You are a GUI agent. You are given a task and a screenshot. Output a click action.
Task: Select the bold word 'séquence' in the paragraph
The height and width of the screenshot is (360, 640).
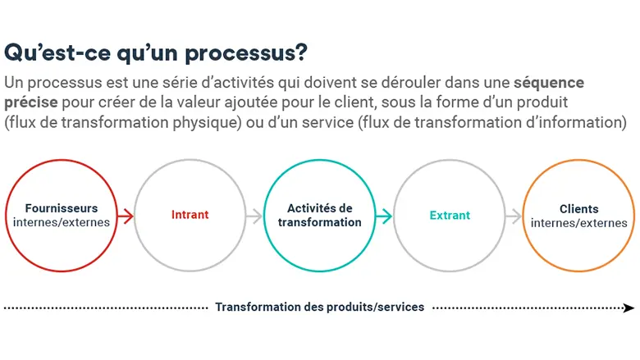point(549,83)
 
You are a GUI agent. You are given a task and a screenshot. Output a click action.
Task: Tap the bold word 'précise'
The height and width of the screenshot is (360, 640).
point(31,103)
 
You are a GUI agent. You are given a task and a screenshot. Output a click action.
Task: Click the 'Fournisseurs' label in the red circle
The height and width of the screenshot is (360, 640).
point(62,208)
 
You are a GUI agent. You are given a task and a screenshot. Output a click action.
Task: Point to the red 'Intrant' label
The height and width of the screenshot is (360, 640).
point(190,215)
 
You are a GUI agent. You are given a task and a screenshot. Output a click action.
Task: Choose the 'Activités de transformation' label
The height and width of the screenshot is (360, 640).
point(320,216)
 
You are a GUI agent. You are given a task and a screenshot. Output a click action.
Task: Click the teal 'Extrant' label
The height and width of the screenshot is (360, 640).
point(450,216)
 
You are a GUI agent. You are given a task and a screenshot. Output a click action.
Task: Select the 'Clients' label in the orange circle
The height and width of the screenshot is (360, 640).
point(578,209)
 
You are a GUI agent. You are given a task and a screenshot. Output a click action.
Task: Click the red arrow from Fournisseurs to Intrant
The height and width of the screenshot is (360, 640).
point(126,216)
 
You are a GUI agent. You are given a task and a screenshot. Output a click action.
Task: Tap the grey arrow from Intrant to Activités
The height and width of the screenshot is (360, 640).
point(254,216)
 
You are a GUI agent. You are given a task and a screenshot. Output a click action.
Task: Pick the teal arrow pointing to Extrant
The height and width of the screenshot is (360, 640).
point(384,216)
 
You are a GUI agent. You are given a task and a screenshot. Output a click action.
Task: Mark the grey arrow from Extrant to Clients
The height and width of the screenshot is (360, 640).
point(514,216)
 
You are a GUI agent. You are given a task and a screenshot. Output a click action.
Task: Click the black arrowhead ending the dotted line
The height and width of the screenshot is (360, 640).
point(629,308)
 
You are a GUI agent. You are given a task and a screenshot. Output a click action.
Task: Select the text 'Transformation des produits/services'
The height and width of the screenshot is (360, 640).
point(320,307)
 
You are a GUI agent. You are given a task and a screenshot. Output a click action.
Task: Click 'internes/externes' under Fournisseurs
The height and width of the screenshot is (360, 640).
point(62,222)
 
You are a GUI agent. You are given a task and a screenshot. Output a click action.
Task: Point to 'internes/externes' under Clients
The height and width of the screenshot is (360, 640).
point(578,223)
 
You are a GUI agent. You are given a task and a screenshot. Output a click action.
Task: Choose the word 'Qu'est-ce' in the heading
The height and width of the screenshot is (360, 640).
point(57,53)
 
